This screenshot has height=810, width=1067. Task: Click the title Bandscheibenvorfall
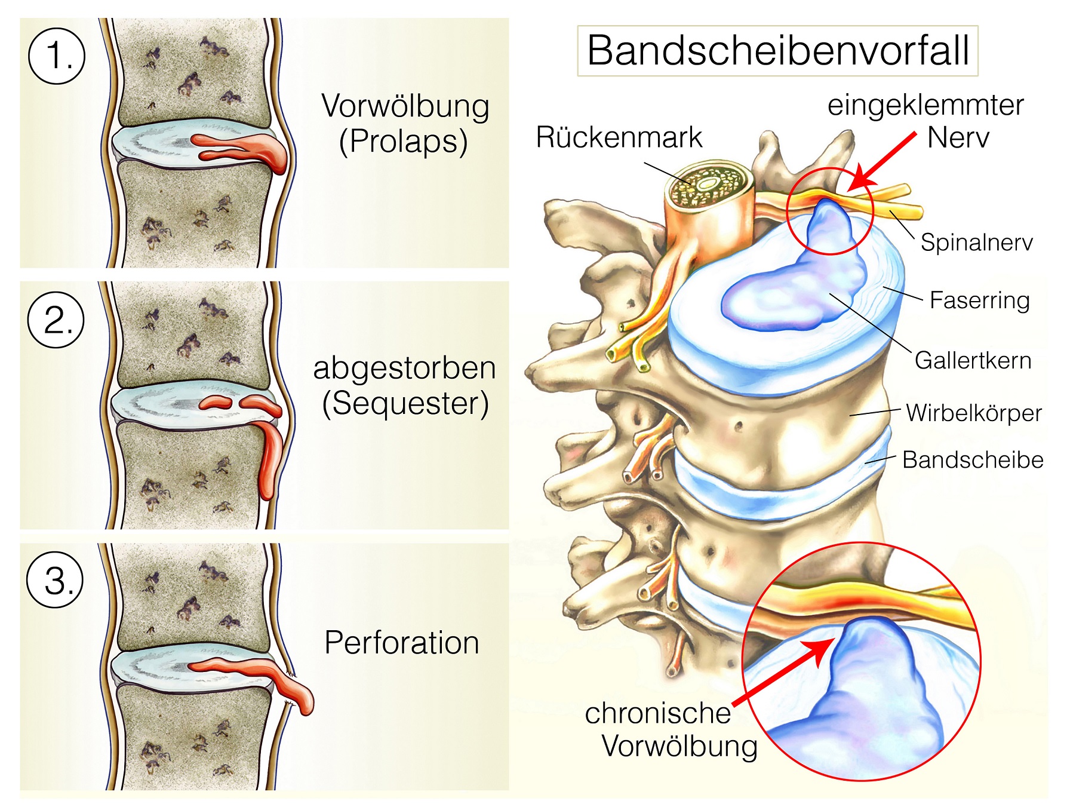point(777,51)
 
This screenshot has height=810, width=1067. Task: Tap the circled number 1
point(57,56)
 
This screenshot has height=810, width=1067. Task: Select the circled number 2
point(56,320)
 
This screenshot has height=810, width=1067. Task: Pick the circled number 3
point(56,580)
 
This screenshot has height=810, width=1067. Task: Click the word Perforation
point(401,643)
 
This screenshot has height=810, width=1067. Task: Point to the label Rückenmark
point(619,137)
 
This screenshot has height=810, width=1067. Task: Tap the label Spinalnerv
point(976,243)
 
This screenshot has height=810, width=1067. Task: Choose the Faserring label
point(979,300)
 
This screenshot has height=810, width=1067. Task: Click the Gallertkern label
point(973,360)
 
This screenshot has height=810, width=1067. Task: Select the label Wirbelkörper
point(973,413)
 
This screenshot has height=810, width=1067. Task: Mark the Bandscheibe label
point(973,460)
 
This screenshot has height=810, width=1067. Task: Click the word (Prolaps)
point(404,142)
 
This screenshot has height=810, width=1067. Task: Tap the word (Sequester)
point(405,403)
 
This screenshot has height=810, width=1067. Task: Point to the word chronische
point(657,713)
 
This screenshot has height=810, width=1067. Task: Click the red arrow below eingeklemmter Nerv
point(881,162)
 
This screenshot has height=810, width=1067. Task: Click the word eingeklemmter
point(925,105)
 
